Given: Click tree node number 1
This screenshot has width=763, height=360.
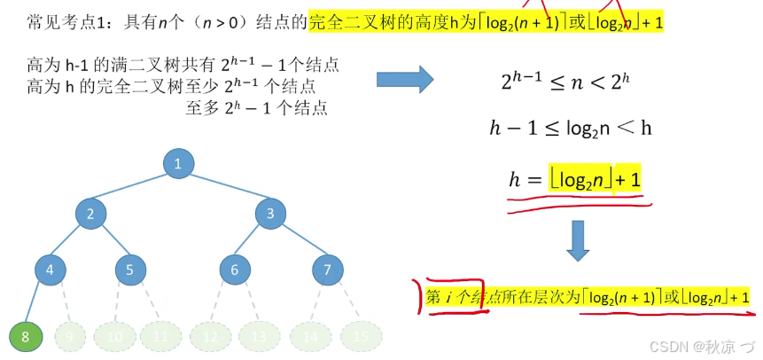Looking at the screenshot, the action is [178, 163].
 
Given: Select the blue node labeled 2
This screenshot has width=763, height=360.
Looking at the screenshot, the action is [90, 213].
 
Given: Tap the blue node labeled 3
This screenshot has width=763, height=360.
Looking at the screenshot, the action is [270, 213].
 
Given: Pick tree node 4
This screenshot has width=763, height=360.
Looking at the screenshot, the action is [51, 270].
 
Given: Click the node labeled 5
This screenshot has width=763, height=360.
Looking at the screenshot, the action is [130, 270].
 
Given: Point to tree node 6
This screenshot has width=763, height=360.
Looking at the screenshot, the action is [235, 270].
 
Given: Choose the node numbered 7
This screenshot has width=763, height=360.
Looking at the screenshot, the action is [328, 270].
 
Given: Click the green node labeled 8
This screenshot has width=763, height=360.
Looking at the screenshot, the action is [25, 337].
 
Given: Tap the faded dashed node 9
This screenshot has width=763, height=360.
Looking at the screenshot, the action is [71, 337].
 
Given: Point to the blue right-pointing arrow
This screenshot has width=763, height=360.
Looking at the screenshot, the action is [405, 79].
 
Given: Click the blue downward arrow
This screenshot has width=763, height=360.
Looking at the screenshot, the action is [578, 239].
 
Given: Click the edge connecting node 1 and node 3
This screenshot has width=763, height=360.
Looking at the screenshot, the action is [224, 188].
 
